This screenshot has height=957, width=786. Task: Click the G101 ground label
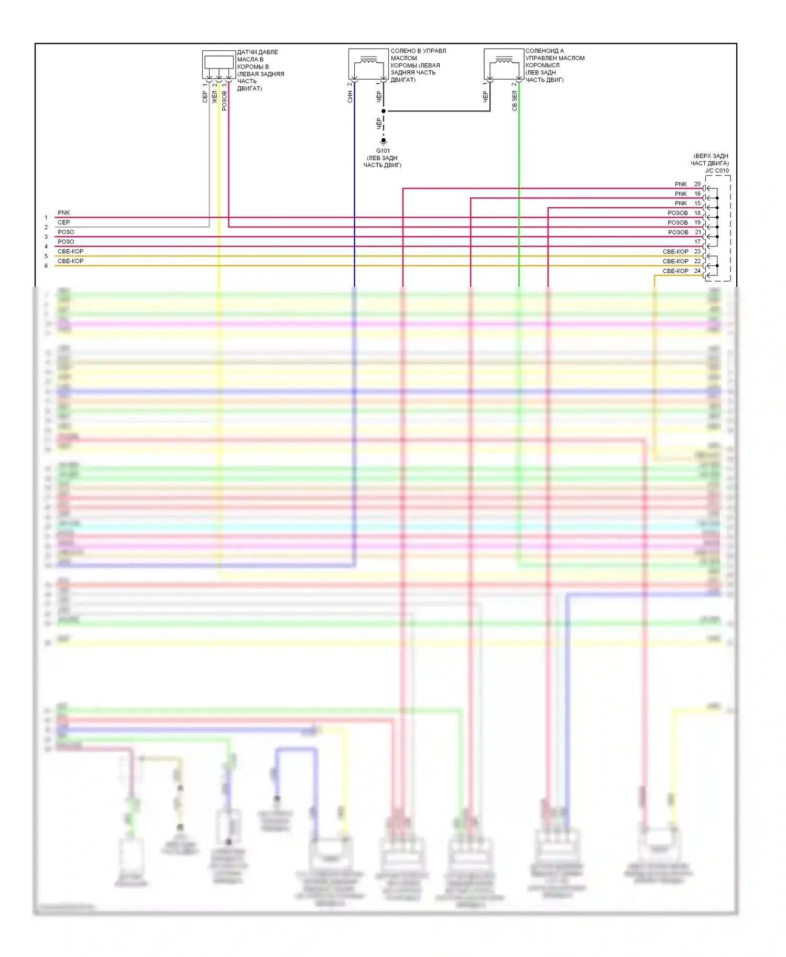click(383, 151)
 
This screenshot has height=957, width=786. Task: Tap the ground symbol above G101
click(384, 141)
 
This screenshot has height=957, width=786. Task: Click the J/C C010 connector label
click(716, 171)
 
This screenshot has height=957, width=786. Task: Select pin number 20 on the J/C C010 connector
click(697, 184)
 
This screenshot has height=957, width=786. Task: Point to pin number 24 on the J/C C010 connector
click(697, 271)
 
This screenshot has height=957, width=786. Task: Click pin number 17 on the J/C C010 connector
click(697, 242)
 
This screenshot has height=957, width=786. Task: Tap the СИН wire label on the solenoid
click(350, 96)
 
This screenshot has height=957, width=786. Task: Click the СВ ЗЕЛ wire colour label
click(515, 101)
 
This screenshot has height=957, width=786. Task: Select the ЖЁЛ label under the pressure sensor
click(214, 97)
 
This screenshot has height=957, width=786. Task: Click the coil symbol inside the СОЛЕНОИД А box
click(504, 61)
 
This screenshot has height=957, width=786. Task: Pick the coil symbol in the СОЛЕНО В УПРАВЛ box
click(369, 61)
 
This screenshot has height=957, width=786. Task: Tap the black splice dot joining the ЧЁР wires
click(384, 111)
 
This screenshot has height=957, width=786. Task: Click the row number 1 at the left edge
click(46, 218)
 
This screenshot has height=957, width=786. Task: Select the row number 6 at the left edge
click(46, 266)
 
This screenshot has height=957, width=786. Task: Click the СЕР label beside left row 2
click(64, 222)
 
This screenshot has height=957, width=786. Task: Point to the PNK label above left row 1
click(64, 213)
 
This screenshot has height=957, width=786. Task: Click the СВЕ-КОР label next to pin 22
click(675, 261)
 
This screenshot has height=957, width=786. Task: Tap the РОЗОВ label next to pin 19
click(678, 222)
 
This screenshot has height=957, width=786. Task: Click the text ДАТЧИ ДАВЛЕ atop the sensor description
click(257, 52)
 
